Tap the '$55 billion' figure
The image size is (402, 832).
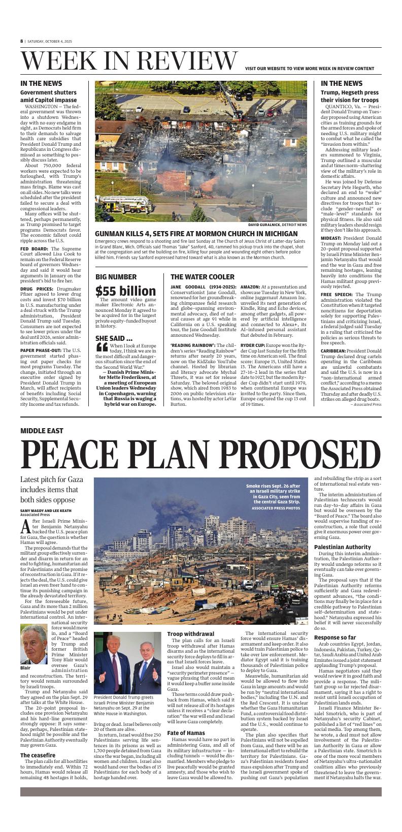pos(126,291)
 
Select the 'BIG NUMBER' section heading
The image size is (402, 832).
pos(116,277)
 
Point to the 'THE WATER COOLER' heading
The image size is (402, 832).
pos(203,277)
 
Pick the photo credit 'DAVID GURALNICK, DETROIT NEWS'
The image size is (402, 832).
pos(277,225)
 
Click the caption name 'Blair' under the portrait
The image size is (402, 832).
pos(26,668)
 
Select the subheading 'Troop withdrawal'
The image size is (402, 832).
pos(191,634)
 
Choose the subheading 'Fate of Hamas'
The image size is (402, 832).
pos(186,732)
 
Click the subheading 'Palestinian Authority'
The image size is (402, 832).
pos(343,547)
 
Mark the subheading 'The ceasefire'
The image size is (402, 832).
pos(38,755)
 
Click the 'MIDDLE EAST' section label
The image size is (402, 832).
pos(42,431)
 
